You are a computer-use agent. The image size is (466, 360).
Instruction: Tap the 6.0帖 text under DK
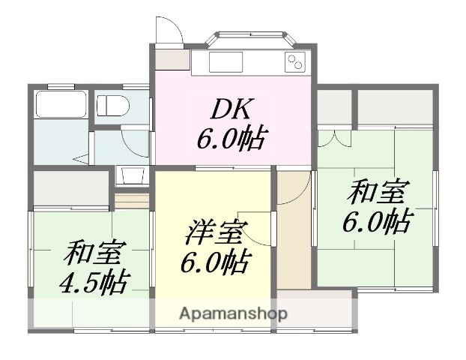[233, 139]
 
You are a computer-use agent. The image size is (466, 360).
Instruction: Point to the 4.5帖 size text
[93, 282]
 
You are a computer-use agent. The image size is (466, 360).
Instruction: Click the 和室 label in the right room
[375, 193]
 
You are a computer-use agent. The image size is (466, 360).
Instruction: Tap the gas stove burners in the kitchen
[296, 62]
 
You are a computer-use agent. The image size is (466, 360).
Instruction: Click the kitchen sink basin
[223, 61]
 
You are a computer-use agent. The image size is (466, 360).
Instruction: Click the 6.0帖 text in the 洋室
[215, 263]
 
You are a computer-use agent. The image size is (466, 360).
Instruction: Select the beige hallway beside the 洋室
[293, 232]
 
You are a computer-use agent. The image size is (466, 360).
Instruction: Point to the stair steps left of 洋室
[133, 200]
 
